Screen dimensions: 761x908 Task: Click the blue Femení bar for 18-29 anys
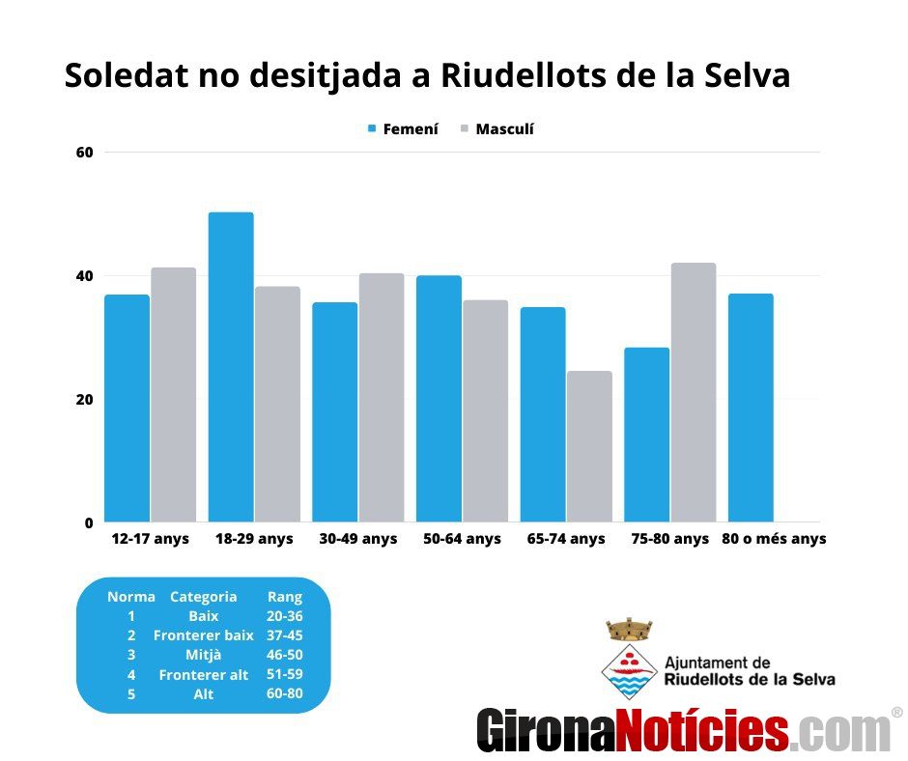(x=231, y=367)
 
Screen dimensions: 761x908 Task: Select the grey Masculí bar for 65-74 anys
(x=589, y=446)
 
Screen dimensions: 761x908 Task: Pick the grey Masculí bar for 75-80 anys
(x=694, y=392)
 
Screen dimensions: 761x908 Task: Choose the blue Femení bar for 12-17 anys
(x=127, y=408)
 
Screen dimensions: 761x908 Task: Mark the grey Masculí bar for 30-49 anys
(x=382, y=397)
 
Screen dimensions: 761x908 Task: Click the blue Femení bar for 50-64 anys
(x=439, y=398)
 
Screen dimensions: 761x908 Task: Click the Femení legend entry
(x=403, y=129)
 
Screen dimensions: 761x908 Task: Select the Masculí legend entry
(x=497, y=129)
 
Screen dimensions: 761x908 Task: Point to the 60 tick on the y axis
(x=86, y=153)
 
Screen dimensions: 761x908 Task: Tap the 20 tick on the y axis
(x=86, y=400)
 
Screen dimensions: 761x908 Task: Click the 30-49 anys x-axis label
(x=357, y=539)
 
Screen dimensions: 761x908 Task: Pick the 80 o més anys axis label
(x=774, y=539)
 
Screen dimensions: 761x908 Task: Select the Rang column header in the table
(x=284, y=597)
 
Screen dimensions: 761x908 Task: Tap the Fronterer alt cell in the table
(x=204, y=675)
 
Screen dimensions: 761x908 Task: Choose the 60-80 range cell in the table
(x=284, y=694)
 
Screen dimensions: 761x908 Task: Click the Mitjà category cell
(x=204, y=655)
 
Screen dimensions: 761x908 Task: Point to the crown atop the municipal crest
(x=629, y=630)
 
